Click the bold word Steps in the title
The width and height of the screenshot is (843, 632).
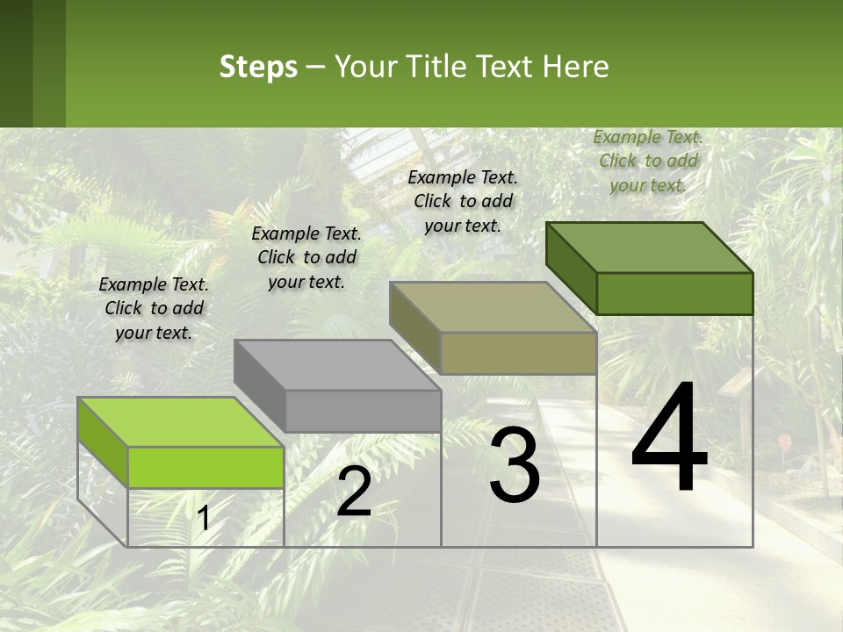click(258, 67)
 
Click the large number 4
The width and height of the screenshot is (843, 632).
click(670, 439)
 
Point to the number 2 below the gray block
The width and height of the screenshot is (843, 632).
click(354, 492)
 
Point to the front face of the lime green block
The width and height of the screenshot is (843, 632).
click(205, 467)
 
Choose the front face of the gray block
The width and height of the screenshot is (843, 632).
click(363, 411)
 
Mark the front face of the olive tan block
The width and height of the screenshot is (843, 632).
click(518, 354)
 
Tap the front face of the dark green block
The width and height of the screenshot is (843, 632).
click(674, 293)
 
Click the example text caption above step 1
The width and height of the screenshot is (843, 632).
click(154, 308)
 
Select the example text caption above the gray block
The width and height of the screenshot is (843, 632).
click(306, 257)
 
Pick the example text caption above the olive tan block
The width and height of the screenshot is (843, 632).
click(463, 201)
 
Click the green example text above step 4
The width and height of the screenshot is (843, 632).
click(648, 161)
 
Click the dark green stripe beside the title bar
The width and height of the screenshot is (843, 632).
click(16, 63)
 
